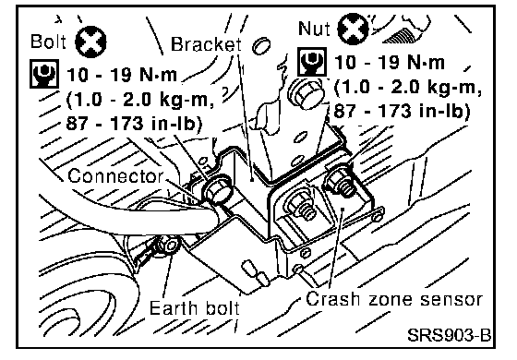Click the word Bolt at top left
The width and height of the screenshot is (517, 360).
(x=48, y=42)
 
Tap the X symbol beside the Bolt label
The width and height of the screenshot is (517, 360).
(x=90, y=42)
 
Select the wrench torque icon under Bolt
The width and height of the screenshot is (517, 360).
(x=44, y=74)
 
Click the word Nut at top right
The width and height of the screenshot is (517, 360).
(x=314, y=28)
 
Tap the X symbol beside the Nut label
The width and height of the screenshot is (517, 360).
(x=353, y=29)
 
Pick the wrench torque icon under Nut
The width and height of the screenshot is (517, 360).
(x=312, y=62)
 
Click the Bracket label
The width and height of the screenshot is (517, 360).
(x=206, y=43)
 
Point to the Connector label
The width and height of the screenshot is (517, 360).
(x=115, y=175)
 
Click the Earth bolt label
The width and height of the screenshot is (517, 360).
(x=195, y=308)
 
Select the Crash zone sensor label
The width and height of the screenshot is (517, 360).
(x=394, y=299)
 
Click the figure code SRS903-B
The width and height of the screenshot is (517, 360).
(x=449, y=335)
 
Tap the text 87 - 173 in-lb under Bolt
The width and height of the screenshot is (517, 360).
(x=134, y=124)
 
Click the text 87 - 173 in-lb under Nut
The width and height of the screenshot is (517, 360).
(x=402, y=111)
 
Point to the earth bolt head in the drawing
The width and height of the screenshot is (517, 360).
(x=171, y=246)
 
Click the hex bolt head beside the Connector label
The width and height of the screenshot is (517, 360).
(x=218, y=190)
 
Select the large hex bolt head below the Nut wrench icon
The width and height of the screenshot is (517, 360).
(x=306, y=93)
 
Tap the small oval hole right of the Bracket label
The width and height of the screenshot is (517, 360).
(x=261, y=45)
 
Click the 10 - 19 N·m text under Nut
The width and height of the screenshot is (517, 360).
(x=390, y=62)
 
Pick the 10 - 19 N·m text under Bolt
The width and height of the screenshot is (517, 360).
(x=122, y=75)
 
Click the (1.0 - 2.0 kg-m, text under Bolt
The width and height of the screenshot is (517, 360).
(x=140, y=99)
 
